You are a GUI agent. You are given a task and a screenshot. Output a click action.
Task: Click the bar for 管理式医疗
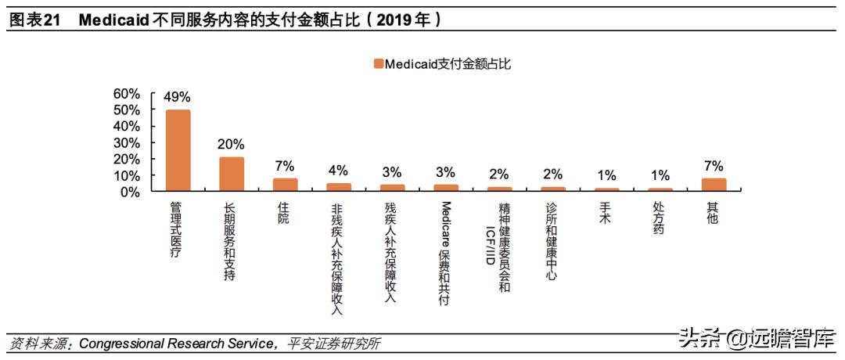coord(177,150)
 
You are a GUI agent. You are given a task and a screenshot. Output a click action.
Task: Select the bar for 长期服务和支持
coord(231,175)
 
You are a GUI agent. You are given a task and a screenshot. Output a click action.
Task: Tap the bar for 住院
coord(285,185)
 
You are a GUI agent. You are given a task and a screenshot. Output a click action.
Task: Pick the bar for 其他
coord(714,185)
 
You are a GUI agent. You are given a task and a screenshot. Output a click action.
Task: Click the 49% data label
coord(177,97)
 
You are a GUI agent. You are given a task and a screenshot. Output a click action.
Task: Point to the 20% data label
coord(231,145)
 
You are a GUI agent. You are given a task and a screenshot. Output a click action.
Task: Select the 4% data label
coord(338,171)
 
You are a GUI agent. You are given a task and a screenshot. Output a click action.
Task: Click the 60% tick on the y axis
coord(127,94)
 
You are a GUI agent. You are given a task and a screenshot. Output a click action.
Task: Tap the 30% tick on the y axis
coord(127,142)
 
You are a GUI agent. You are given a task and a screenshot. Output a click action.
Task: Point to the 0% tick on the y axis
coord(131,191)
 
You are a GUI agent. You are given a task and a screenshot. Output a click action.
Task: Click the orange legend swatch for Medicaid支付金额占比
coord(378,64)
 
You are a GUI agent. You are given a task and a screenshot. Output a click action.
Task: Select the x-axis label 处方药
coord(660,218)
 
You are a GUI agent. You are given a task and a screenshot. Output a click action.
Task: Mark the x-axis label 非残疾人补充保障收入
coord(338,258)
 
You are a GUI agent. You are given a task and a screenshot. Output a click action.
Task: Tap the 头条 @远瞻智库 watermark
coord(752,340)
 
